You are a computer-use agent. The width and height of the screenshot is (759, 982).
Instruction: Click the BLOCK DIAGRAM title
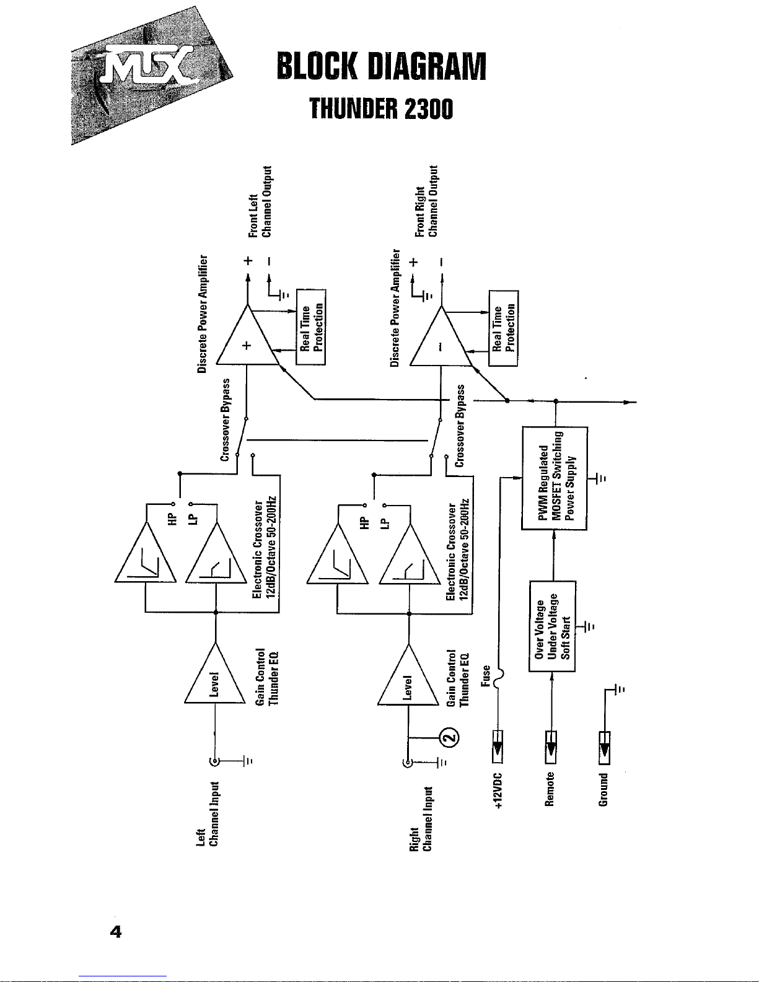click(381, 66)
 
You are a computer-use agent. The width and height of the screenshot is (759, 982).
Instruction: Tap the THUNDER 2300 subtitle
click(381, 110)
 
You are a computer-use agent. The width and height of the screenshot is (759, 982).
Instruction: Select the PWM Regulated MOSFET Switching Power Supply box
click(555, 478)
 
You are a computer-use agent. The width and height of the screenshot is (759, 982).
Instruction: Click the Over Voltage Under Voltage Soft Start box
click(552, 626)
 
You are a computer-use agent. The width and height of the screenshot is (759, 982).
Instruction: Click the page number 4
click(115, 932)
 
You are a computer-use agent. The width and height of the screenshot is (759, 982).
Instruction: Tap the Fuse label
click(486, 676)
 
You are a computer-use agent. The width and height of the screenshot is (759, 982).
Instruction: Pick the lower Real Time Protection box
click(503, 328)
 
